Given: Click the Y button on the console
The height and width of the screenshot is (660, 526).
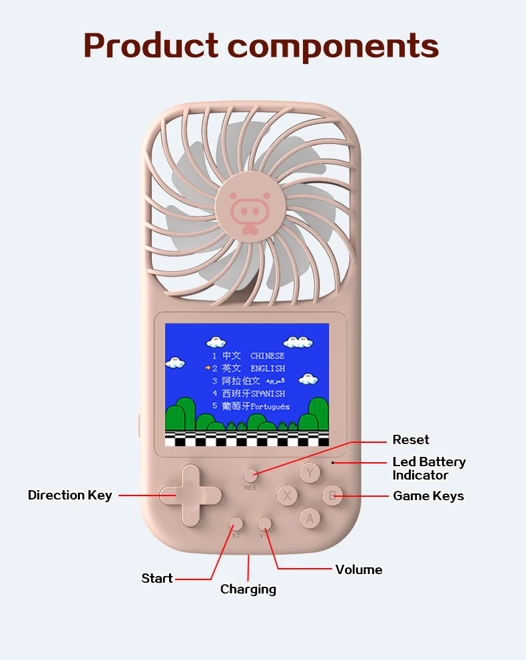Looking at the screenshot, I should [310, 473].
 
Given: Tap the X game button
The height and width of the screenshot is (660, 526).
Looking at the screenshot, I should [288, 495].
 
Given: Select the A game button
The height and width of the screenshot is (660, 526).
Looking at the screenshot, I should [310, 517].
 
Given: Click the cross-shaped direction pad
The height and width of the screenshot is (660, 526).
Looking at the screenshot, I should [190, 495].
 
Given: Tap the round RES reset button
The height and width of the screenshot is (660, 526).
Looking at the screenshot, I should [250, 475].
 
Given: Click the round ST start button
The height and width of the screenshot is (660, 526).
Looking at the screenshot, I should [236, 523].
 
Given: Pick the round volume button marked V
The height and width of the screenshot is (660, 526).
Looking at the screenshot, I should [264, 523].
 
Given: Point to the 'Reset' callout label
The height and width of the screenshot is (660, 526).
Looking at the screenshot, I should [411, 440].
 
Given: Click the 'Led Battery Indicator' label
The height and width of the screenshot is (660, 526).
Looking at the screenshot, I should [429, 468].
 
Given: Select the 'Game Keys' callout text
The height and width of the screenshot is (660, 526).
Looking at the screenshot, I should [428, 495].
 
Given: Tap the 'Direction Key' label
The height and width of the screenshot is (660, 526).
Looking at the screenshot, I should [70, 495].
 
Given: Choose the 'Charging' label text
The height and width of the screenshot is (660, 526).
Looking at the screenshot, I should [248, 589].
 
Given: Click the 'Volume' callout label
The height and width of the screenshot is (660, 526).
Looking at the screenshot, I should [359, 569].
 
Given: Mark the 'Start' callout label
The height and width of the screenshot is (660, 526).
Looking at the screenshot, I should [157, 578].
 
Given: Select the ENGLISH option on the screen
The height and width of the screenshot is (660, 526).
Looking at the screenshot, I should [267, 368].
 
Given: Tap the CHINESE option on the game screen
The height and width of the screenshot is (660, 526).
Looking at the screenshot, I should [267, 356].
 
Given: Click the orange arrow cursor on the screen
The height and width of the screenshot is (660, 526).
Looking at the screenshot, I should [208, 368].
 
